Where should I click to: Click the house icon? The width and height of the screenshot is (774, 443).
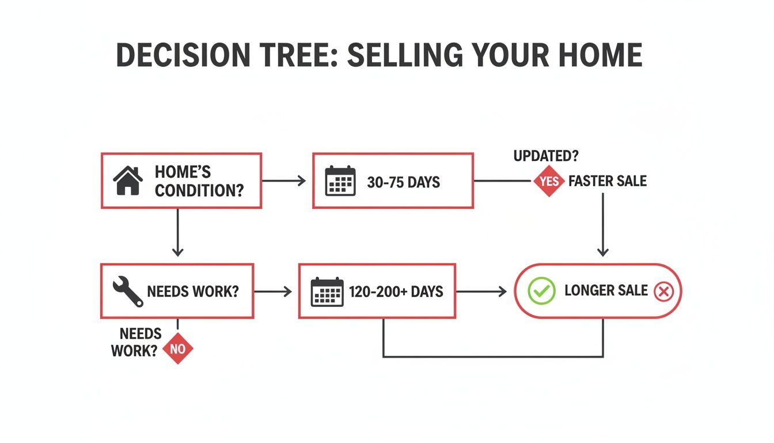pos(128,181)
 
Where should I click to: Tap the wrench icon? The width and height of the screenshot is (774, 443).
pos(128,291)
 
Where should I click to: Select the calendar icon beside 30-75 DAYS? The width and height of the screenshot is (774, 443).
pos(340,181)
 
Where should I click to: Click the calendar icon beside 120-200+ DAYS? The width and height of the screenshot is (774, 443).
pos(327,291)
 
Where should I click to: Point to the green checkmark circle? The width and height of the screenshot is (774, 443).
pos(541,291)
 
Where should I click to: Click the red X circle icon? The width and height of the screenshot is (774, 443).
pos(663,291)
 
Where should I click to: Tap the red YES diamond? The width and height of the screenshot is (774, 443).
pos(549,181)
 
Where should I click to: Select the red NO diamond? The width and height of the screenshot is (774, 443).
pos(178,348)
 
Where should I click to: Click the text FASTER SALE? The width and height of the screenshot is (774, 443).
pos(608,181)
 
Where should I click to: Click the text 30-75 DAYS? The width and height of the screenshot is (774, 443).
pos(403,182)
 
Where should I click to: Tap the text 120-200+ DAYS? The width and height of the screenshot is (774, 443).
pos(396,291)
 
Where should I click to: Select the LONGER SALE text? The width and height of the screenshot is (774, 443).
pos(606,291)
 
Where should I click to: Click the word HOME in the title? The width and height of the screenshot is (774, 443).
pos(598,55)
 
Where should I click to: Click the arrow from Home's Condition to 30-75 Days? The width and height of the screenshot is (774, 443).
pos(284,181)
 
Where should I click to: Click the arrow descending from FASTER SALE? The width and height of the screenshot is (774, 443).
pos(602,225)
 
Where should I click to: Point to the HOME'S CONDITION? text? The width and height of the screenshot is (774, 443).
pos(199,181)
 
